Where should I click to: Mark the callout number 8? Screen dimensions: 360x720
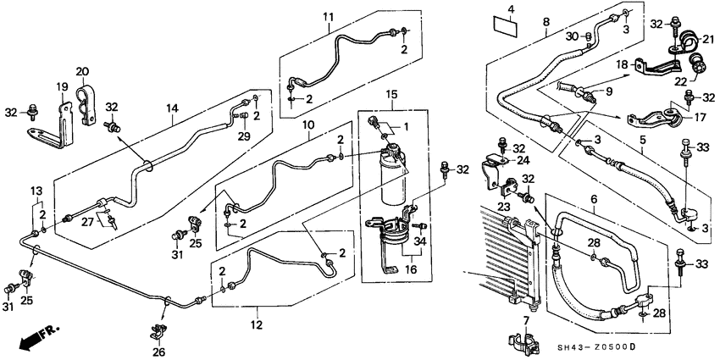(x=546, y=21)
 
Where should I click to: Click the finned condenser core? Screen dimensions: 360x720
(x=496, y=254)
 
